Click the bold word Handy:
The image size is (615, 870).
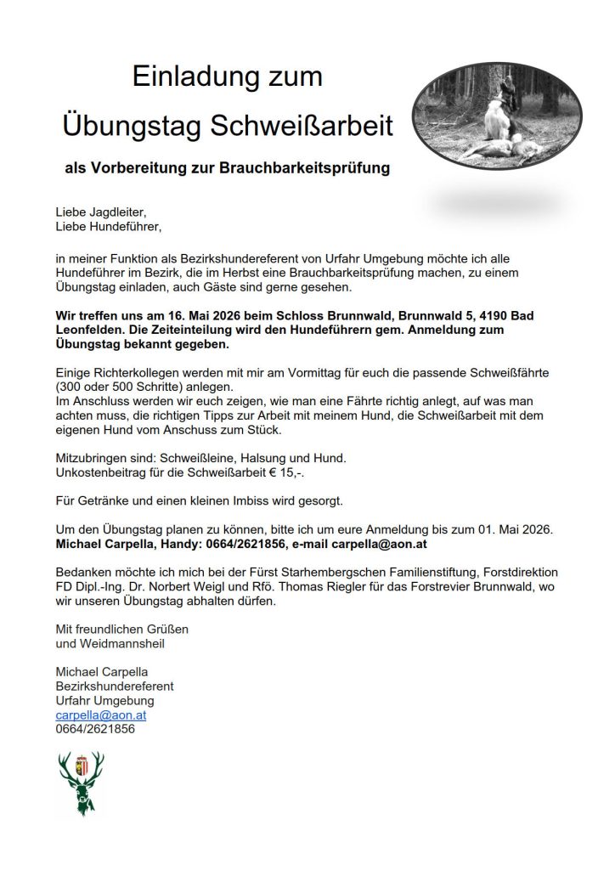[195, 544]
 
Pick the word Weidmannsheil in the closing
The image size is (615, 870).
[111, 644]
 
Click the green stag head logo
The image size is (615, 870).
[82, 782]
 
